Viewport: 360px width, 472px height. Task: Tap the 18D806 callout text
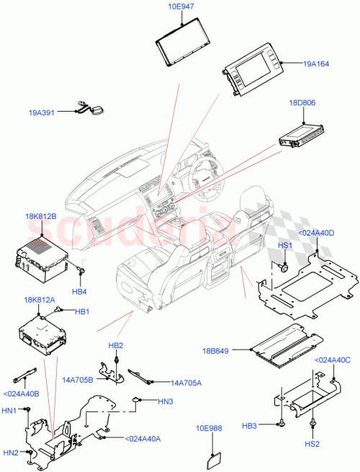point(302,103)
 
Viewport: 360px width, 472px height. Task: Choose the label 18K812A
point(40,300)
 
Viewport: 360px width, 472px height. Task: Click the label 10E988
point(210,428)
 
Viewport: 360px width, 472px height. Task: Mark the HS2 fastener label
point(314,445)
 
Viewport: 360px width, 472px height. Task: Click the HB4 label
point(79,292)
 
